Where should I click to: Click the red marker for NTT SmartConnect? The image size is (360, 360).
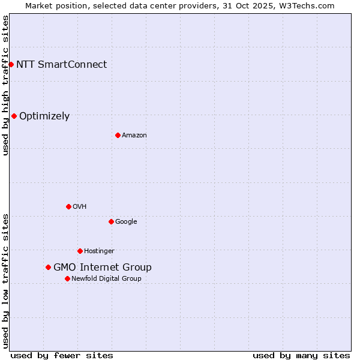[11, 64]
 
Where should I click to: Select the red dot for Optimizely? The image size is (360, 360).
[14, 116]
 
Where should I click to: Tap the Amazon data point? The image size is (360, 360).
[118, 135]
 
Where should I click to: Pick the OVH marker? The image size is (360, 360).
[68, 206]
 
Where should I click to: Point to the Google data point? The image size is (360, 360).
[111, 221]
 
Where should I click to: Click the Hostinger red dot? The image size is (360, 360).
[80, 251]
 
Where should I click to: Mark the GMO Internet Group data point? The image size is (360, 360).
[48, 267]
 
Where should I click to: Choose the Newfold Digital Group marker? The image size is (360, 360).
[67, 278]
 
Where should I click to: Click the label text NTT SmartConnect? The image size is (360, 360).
[61, 65]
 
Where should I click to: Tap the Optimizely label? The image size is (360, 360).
[44, 116]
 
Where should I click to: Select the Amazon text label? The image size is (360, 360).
[134, 136]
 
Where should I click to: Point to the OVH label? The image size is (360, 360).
[80, 207]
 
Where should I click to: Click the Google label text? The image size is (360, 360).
[126, 222]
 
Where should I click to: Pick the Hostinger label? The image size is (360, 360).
[99, 251]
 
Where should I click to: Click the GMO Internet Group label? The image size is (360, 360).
[103, 268]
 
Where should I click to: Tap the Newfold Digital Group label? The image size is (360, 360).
[106, 279]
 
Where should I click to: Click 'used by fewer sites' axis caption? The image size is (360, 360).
[62, 355]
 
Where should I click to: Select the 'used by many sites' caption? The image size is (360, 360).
[301, 355]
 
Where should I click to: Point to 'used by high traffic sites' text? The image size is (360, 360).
[5, 85]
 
